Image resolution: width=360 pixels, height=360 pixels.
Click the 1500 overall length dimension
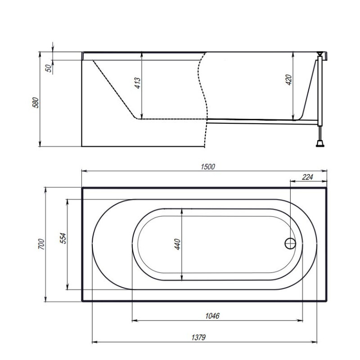coord(208,166)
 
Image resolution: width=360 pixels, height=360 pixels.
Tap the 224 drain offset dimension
coord(307,177)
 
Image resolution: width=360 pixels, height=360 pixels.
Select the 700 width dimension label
coord(41,244)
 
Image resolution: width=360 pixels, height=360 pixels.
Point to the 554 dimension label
coord(63,238)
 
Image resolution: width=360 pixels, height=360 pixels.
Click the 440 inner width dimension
coord(177,244)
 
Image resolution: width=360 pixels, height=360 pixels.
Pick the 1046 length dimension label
coord(212,316)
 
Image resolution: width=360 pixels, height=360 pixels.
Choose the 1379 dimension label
coord(198,337)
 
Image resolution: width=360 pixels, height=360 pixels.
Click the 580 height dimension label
coord(36,103)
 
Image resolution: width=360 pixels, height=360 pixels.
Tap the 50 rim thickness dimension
coord(49,68)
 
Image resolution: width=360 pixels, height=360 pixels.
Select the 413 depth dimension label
coord(138,83)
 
